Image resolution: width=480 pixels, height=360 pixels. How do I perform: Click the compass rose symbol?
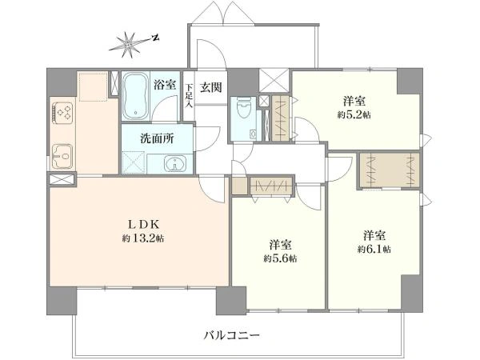point(128,45)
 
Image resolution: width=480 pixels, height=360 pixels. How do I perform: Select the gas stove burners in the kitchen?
point(63,112)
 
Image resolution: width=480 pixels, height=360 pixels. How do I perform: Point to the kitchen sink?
point(62,156)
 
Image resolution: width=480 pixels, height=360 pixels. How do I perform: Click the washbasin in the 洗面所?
point(174,163)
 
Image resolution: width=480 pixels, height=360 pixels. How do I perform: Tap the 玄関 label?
point(211,88)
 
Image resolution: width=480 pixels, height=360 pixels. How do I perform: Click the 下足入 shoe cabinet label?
point(189,95)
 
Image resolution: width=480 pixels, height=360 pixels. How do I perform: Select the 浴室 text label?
point(165,85)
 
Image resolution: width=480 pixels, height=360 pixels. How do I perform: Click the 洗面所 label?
point(157,138)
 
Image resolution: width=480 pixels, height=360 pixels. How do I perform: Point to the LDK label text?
point(143,225)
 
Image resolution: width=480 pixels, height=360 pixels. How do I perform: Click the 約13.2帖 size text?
point(143,238)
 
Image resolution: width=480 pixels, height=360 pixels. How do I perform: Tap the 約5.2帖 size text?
point(354,114)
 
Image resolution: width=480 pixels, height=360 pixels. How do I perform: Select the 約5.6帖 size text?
point(281,258)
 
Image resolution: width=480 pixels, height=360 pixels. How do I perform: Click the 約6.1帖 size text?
point(374,250)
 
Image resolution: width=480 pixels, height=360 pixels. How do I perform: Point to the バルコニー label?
point(232,335)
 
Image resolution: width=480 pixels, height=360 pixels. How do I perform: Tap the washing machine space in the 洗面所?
point(134,162)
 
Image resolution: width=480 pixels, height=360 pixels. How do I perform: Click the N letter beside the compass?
point(156,38)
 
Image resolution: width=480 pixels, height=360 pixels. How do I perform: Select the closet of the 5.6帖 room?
point(271,186)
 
